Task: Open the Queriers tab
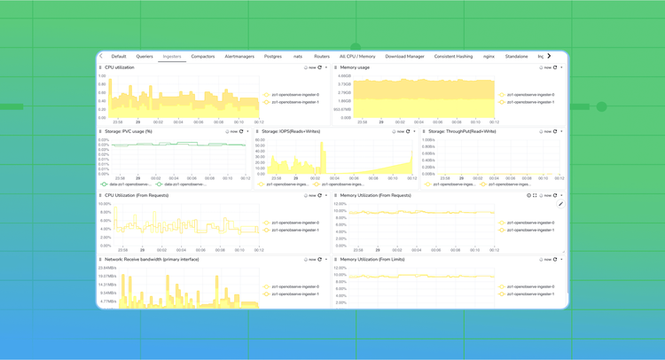[x=144, y=57]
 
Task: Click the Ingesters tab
[x=172, y=57]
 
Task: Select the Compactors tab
[x=203, y=57]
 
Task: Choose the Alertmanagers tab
[x=239, y=57]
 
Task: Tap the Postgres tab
[x=273, y=57]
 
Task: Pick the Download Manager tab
[x=404, y=57]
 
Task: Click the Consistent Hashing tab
[x=453, y=57]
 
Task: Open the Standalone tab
[x=516, y=57]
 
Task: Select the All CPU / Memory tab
[x=357, y=57]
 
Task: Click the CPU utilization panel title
[x=120, y=67]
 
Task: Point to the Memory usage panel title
[x=355, y=67]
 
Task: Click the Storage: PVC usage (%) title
[x=129, y=131]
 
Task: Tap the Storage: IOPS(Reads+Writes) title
[x=291, y=131]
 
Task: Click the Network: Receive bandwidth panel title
[x=152, y=260]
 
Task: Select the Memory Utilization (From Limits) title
[x=372, y=260]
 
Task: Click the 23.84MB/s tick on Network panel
[x=107, y=268]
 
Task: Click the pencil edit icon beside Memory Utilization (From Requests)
[x=560, y=204]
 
